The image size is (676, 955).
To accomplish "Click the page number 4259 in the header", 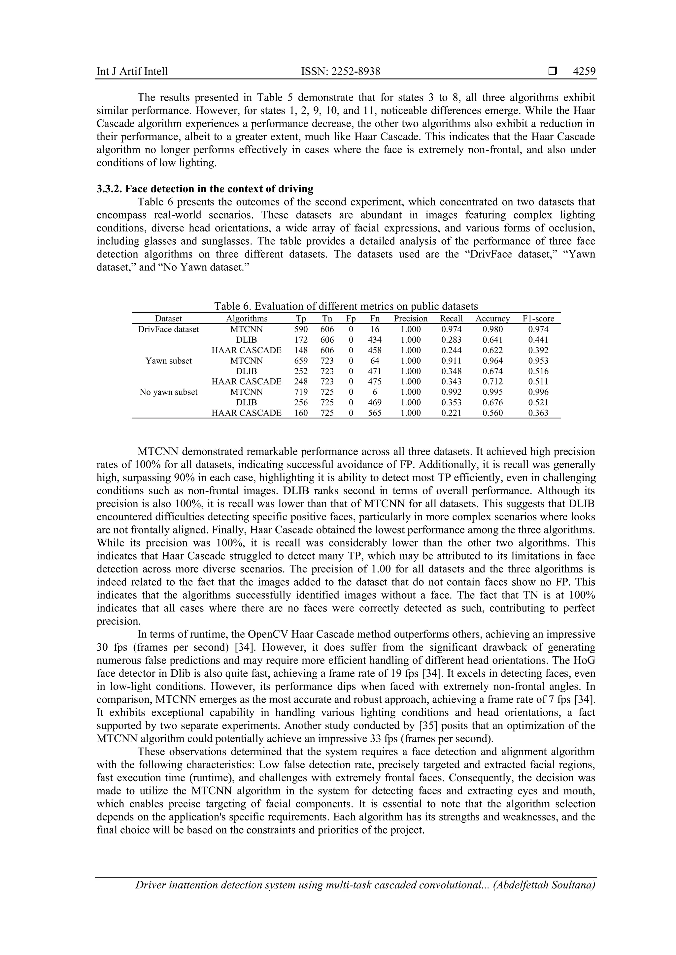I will (x=584, y=72).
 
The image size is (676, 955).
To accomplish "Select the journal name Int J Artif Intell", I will (x=132, y=72).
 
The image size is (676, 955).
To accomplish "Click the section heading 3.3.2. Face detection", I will (x=205, y=189).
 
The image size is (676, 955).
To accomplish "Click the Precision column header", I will (x=410, y=319).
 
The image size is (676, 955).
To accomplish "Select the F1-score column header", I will (x=538, y=319).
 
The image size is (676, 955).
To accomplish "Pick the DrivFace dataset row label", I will (x=169, y=329).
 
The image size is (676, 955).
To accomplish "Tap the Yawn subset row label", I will (x=169, y=361).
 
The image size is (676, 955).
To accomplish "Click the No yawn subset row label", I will (x=169, y=392).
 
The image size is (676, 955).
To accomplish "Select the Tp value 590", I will (x=301, y=329).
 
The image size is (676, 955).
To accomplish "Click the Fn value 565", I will (x=375, y=413).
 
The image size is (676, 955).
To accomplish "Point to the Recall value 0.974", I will (x=451, y=329).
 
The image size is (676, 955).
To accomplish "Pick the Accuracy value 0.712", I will (x=492, y=382).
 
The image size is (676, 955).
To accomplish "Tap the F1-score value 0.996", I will (x=538, y=392).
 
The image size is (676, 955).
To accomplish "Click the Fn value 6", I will (x=375, y=392).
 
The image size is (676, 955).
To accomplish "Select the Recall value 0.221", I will (x=451, y=413).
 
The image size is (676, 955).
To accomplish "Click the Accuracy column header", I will (x=492, y=319).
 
